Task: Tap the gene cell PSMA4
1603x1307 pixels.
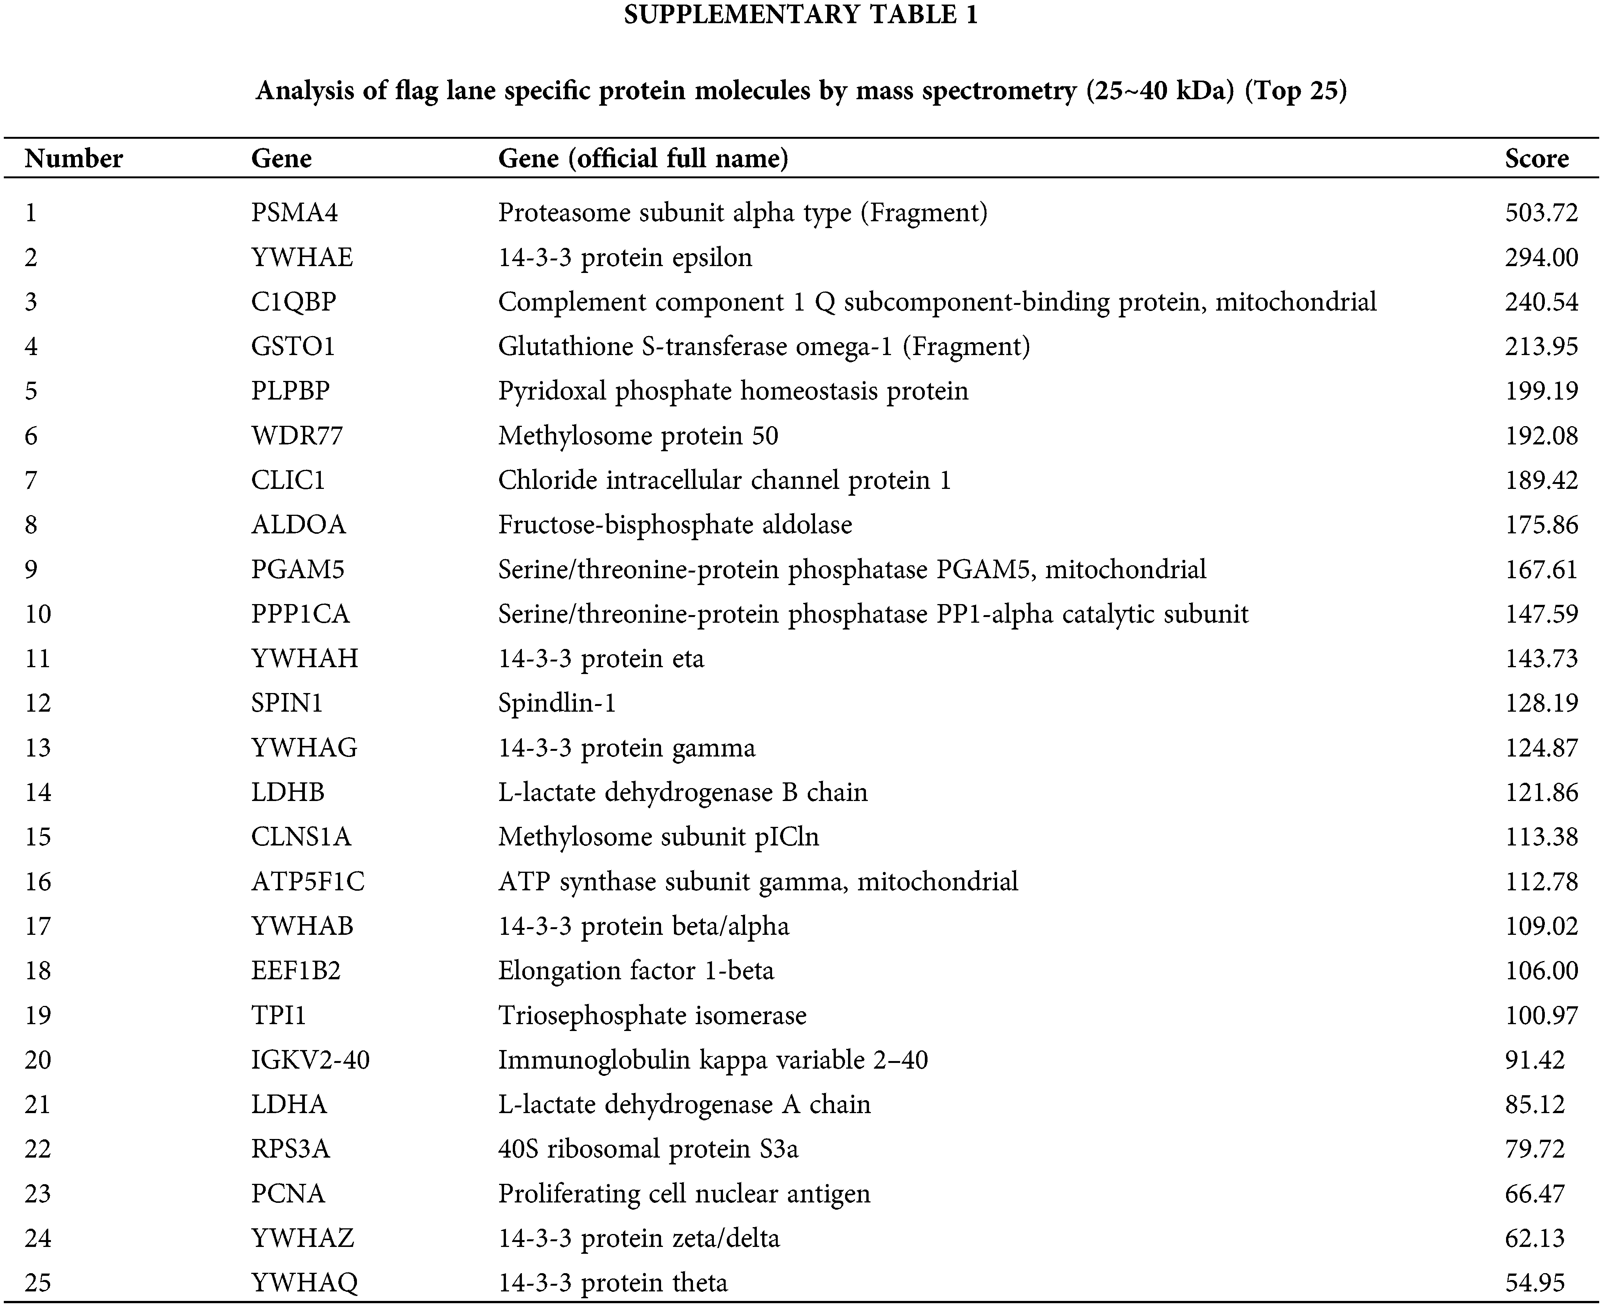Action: point(294,213)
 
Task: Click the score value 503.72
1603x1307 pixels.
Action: point(1541,213)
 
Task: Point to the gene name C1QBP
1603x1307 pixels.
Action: point(293,302)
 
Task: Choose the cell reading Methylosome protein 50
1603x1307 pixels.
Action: point(638,436)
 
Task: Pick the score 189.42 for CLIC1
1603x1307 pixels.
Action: point(1541,481)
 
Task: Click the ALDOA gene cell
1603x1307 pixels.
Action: point(298,525)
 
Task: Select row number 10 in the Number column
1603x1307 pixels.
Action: point(38,614)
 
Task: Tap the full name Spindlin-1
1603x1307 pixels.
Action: point(557,703)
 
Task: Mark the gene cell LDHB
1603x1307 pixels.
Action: point(288,792)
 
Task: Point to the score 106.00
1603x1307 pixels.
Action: point(1541,971)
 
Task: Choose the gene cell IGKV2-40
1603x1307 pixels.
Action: point(310,1060)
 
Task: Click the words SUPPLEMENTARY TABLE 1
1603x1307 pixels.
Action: point(801,15)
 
